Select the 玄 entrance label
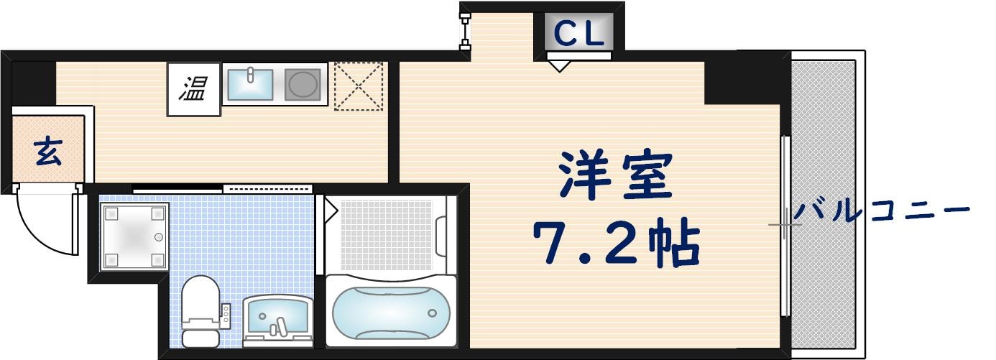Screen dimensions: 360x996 click(47, 152)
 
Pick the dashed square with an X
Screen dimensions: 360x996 click(359, 86)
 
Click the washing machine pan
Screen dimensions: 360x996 click(134, 236)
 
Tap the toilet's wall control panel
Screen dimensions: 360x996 click(226, 314)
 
